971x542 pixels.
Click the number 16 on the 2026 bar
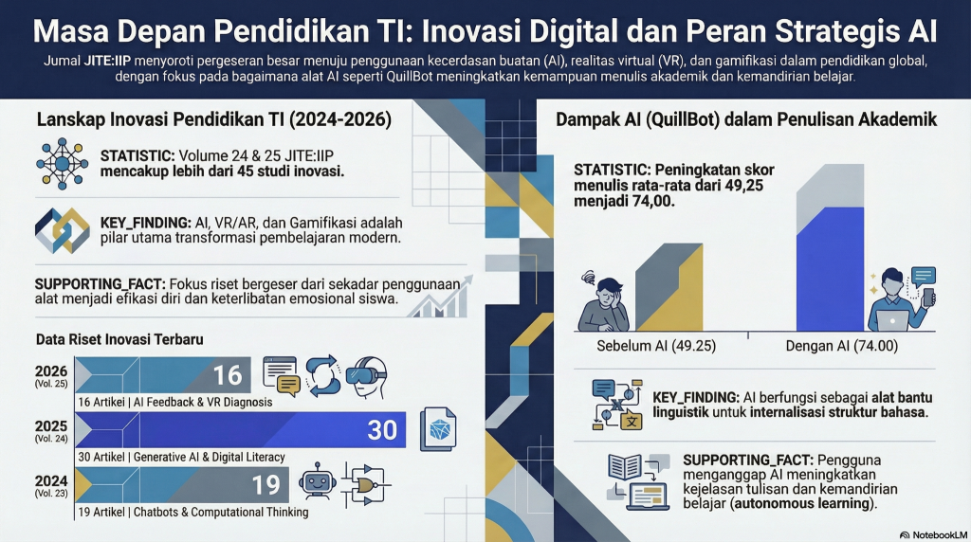[x=228, y=375]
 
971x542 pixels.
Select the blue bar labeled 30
[x=240, y=429]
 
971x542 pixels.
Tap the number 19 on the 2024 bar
[x=266, y=484]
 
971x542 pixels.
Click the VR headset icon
[x=367, y=377]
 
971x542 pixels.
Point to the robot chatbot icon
[x=317, y=480]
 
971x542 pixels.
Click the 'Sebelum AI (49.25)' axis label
[x=656, y=346]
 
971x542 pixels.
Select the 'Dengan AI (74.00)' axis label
[x=842, y=346]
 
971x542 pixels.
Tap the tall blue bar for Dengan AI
[x=830, y=269]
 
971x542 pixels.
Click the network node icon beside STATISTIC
[x=62, y=163]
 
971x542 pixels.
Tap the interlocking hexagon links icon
[x=62, y=230]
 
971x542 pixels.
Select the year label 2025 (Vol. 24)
[x=51, y=430]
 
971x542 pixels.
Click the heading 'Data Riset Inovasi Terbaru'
[x=119, y=339]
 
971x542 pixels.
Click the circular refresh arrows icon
[x=322, y=375]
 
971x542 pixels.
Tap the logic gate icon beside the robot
[x=366, y=484]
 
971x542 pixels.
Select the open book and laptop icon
[x=639, y=481]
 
